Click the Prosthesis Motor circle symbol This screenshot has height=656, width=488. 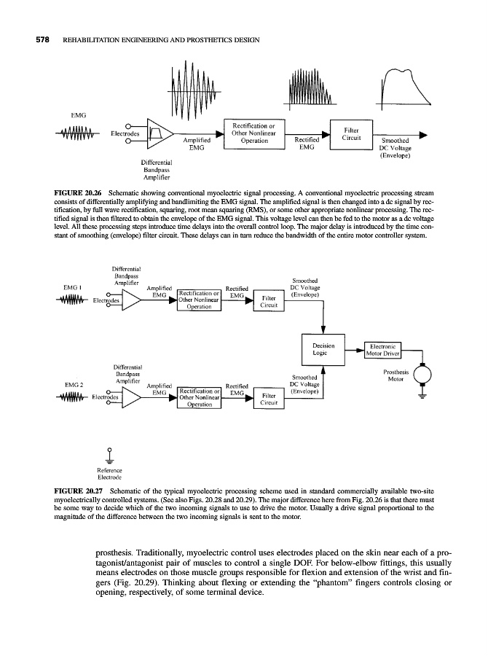pyautogui.click(x=422, y=373)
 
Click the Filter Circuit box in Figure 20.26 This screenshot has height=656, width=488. pyautogui.click(x=351, y=133)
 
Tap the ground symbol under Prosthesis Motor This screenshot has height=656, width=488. pyautogui.click(x=422, y=397)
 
